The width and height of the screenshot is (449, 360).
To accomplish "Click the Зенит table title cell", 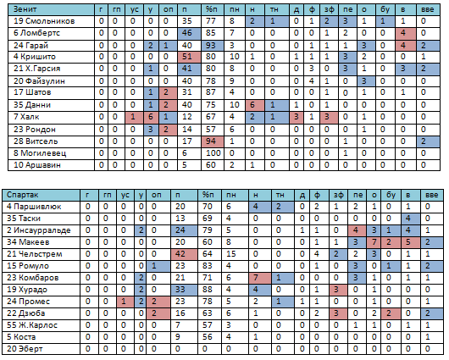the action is [x=52, y=9].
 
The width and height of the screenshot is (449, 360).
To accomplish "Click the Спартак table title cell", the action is [x=42, y=195].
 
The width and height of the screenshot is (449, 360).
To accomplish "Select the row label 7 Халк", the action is [x=26, y=117].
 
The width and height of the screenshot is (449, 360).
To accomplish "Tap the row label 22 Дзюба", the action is [x=25, y=313].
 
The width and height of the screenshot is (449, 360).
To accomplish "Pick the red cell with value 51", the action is [x=189, y=57].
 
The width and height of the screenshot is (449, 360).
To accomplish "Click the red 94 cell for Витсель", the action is [x=213, y=141].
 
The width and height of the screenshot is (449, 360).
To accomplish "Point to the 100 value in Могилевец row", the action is [x=213, y=153].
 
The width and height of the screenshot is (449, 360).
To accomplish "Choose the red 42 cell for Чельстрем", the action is [x=184, y=254].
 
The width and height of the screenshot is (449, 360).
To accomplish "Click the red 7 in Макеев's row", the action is [x=374, y=242].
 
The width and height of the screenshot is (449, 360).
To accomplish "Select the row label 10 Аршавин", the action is [x=37, y=165].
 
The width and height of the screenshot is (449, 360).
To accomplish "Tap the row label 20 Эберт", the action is [x=25, y=349].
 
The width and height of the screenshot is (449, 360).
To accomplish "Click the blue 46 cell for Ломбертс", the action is [x=189, y=33].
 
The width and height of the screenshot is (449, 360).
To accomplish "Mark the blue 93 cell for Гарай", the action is [x=213, y=46].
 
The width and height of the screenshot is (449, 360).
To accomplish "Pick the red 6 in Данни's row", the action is [x=254, y=105].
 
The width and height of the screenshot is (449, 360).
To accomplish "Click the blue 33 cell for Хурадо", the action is [x=184, y=290].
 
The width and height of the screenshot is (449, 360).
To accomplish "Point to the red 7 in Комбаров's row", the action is [x=260, y=278].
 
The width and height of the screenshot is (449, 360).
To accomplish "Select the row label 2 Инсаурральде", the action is [x=39, y=230].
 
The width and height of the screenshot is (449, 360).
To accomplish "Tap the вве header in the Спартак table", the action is [x=432, y=195].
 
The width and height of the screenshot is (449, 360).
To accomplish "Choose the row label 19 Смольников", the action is [x=44, y=21].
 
